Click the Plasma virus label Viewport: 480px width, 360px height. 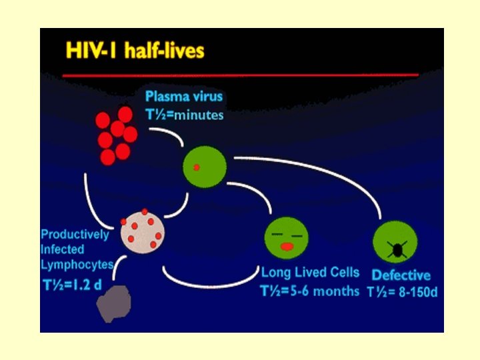[x=184, y=97]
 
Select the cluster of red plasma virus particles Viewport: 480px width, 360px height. [x=115, y=135]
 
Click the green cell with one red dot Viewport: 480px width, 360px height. [x=204, y=166]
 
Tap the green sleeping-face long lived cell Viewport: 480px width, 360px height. [x=287, y=237]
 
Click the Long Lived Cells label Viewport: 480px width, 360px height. [x=310, y=272]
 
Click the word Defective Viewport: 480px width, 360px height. [x=401, y=275]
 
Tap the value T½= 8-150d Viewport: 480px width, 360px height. [x=401, y=292]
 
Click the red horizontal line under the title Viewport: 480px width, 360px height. [x=240, y=75]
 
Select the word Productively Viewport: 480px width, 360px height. [x=75, y=235]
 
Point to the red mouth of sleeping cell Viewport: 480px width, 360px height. [x=287, y=247]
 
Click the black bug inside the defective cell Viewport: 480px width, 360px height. [x=396, y=249]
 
